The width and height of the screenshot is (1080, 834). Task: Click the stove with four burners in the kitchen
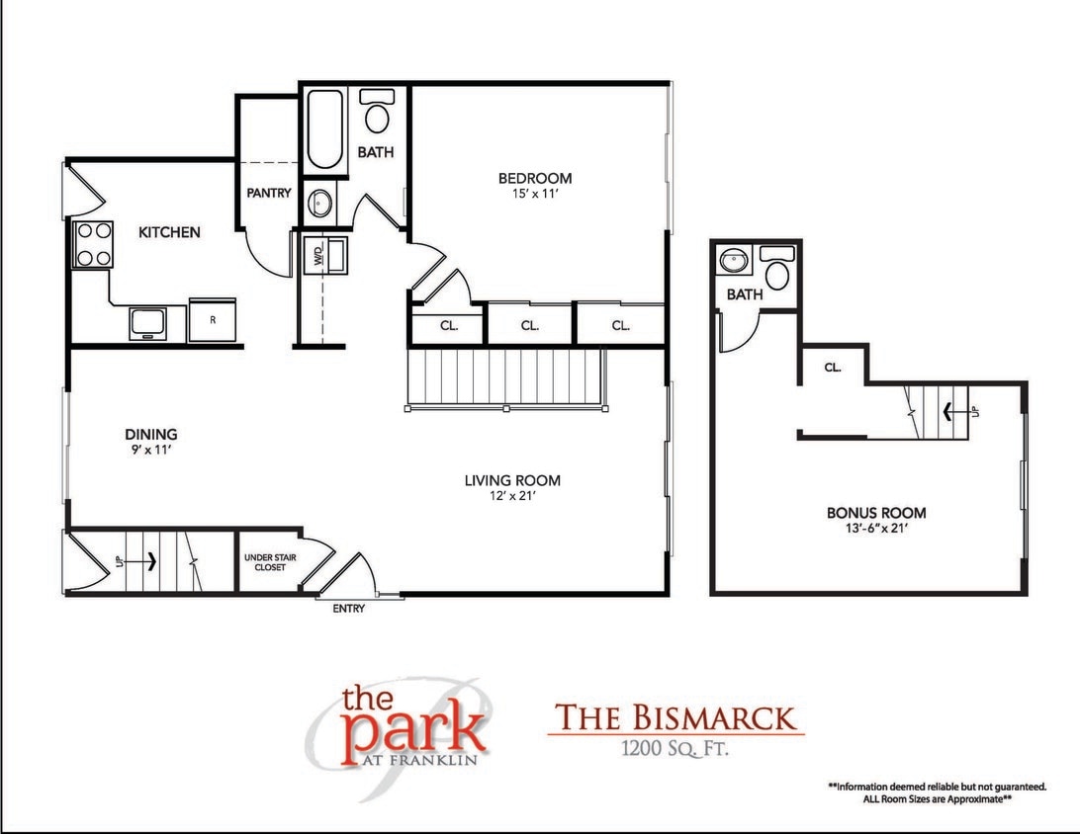point(91,244)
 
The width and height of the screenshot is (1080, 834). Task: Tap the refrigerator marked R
point(213,319)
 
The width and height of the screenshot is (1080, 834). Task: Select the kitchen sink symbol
point(148,322)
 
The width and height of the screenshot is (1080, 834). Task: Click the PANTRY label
point(269,193)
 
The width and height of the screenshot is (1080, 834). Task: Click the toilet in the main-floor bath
point(376,112)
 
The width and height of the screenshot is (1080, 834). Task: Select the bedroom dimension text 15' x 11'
point(534,196)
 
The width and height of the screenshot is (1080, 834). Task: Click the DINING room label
point(151,434)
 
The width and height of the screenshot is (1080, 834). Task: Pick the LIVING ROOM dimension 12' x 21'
point(512,497)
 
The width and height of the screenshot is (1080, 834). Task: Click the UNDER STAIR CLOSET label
point(265,563)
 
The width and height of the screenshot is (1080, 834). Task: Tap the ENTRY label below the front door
point(348,609)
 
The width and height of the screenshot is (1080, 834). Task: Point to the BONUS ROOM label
point(876,513)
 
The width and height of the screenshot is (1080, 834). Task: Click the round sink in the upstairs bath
point(732,263)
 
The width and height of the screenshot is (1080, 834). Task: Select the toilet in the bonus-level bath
point(777,269)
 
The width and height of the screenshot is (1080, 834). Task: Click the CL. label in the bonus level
point(832,368)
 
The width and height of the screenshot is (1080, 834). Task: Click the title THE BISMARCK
point(675,716)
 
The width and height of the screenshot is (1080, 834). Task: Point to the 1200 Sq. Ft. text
point(675,749)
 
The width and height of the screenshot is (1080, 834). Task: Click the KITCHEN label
point(169,232)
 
